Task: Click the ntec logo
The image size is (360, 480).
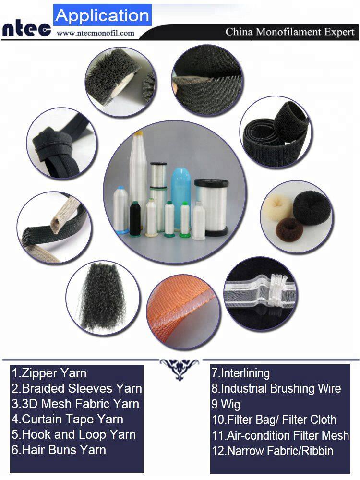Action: pyautogui.click(x=26, y=29)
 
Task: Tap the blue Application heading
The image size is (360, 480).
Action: pyautogui.click(x=102, y=15)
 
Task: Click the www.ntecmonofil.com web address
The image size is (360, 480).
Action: pyautogui.click(x=96, y=33)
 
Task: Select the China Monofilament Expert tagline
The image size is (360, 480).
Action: pyautogui.click(x=290, y=32)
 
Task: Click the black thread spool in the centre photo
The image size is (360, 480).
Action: pyautogui.click(x=135, y=218)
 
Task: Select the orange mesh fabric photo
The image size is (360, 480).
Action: pyautogui.click(x=183, y=312)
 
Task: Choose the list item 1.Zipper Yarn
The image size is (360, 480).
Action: pyautogui.click(x=49, y=373)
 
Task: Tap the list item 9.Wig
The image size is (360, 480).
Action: pyautogui.click(x=226, y=404)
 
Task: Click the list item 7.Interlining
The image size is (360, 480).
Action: pyautogui.click(x=240, y=373)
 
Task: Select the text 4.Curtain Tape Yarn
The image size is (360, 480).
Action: pyautogui.click(x=67, y=419)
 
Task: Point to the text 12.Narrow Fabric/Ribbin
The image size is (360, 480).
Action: pyautogui.click(x=273, y=451)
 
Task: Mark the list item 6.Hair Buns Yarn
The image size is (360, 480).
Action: pyautogui.click(x=59, y=450)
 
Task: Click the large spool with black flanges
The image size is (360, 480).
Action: pyautogui.click(x=212, y=207)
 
